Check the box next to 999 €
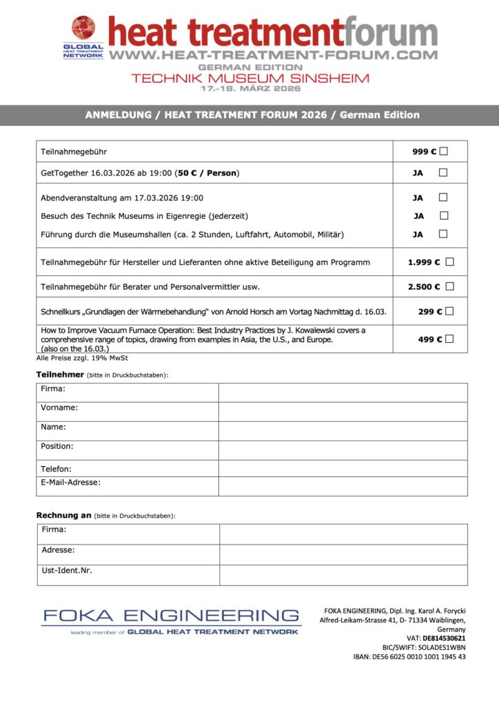pyautogui.click(x=443, y=151)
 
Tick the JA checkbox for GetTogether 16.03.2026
pyautogui.click(x=443, y=172)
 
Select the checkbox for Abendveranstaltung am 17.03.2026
pyautogui.click(x=443, y=198)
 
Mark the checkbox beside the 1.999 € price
pyautogui.click(x=450, y=262)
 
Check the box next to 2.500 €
pyautogui.click(x=450, y=286)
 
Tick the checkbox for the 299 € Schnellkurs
pyautogui.click(x=449, y=311)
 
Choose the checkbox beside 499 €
pyautogui.click(x=449, y=339)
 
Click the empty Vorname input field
pyautogui.click(x=343, y=411)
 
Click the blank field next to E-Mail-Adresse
pyautogui.click(x=343, y=486)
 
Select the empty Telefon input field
pyautogui.click(x=343, y=468)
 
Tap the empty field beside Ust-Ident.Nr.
pyautogui.click(x=343, y=575)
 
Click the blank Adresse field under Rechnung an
pyautogui.click(x=343, y=554)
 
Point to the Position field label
pyautogui.click(x=57, y=446)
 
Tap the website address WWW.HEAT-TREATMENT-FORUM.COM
pyautogui.click(x=274, y=54)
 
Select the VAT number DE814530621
pyautogui.click(x=444, y=638)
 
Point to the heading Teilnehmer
pyautogui.click(x=60, y=374)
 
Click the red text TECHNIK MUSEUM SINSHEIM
pyautogui.click(x=250, y=78)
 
